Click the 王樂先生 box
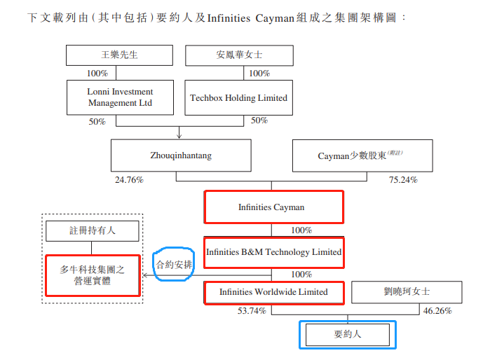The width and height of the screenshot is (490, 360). click(x=120, y=55)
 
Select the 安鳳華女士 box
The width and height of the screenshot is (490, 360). click(x=239, y=55)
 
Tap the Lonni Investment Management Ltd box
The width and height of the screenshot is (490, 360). click(x=120, y=97)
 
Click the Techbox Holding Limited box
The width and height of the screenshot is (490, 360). click(x=239, y=97)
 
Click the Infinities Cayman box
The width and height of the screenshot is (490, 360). click(x=273, y=207)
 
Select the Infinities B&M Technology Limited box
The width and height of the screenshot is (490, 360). click(x=273, y=251)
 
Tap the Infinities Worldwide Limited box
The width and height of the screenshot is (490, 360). click(x=273, y=292)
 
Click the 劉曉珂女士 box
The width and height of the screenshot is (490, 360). click(x=407, y=292)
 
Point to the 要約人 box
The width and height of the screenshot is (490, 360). click(x=348, y=335)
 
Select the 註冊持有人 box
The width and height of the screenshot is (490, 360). click(x=92, y=230)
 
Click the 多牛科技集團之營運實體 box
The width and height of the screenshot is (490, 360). click(x=92, y=275)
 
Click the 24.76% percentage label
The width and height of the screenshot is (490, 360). click(x=129, y=180)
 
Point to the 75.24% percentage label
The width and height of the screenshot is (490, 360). click(x=403, y=180)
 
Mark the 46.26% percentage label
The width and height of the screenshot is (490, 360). click(x=437, y=311)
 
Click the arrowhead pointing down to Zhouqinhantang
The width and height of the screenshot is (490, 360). click(x=180, y=136)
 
